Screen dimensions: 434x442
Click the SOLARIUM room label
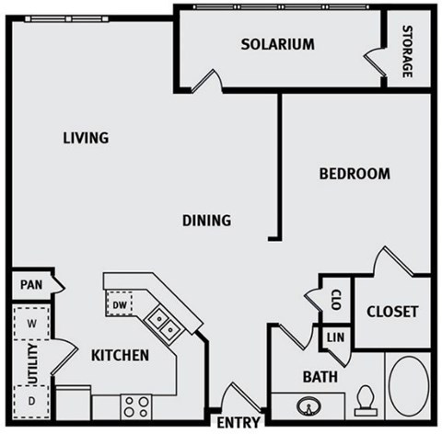point(278,44)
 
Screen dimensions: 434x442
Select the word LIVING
point(86,139)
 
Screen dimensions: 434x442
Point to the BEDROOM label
point(355,174)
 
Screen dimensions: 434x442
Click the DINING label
point(205,221)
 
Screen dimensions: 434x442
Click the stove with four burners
point(136,405)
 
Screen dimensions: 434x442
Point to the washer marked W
point(31,325)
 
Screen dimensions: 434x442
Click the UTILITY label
point(30,363)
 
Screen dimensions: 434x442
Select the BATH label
point(320,376)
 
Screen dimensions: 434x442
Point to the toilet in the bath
point(364,398)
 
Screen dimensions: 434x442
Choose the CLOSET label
point(392,312)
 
